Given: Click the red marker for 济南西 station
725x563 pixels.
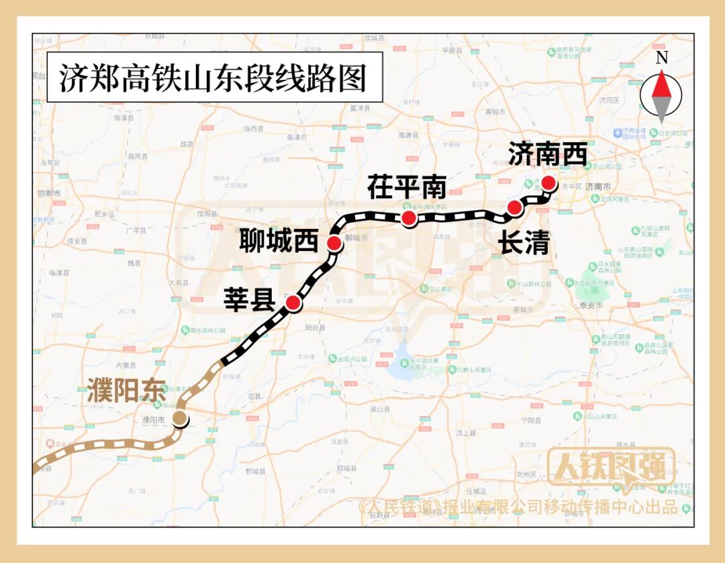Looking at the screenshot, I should point(548,183).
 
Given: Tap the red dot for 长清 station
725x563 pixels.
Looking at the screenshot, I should point(515,208).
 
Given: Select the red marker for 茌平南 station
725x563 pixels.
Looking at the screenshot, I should point(407,217).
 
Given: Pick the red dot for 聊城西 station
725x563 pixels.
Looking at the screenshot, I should point(334,243).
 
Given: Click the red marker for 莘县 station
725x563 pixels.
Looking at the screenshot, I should point(293,303).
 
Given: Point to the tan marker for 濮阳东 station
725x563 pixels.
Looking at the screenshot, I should point(180,419).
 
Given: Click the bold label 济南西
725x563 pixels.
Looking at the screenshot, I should point(548,154).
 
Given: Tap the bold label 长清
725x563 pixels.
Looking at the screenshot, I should point(524,243).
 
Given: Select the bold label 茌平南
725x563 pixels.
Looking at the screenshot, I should point(407,188).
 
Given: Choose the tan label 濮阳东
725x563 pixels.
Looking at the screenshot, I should point(126,391).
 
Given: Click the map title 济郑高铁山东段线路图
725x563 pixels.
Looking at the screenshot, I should point(213,78).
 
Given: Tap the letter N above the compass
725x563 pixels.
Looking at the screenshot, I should point(662,58).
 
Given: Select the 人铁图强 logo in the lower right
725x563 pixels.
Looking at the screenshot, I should point(611,466).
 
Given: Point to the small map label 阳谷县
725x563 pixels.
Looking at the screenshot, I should point(315,327).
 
